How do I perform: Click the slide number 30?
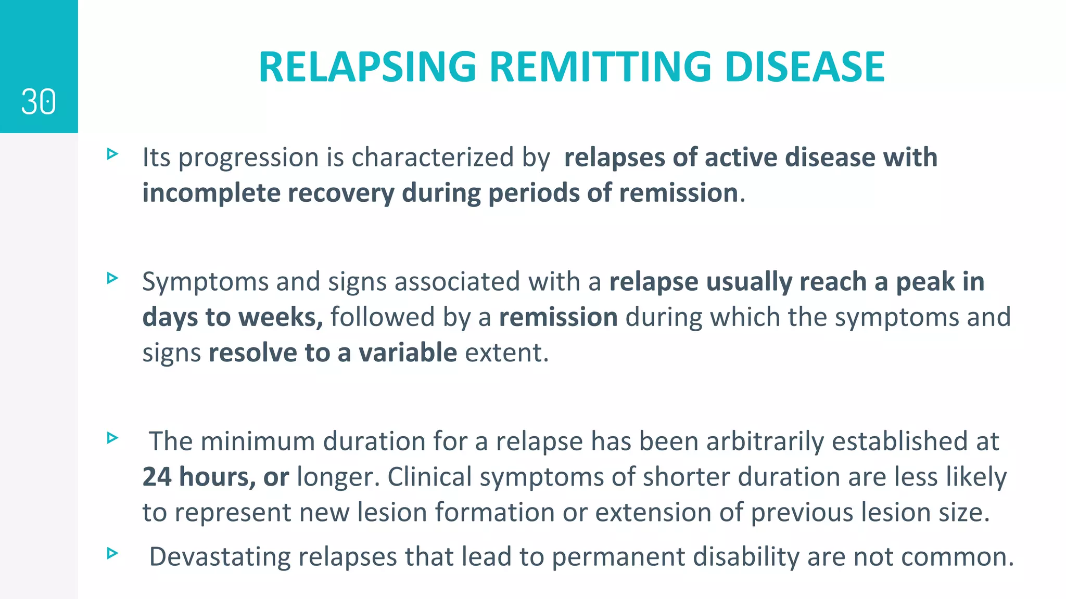39,101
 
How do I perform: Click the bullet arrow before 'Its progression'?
112,154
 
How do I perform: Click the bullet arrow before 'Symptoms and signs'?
112,278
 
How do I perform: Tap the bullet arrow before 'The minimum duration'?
112,438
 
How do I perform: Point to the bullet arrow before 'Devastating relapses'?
112,553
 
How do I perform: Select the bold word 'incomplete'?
211,193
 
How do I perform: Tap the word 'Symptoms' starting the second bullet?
205,282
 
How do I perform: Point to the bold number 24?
157,477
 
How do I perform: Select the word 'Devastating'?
220,557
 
